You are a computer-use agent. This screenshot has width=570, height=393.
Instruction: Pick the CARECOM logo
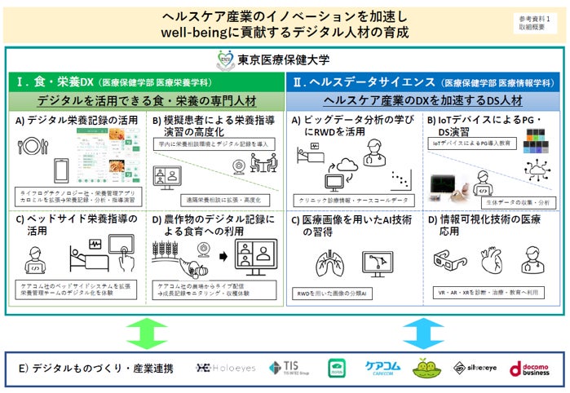tap(382, 369)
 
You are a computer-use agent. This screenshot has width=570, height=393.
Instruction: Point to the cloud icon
tap(348, 167)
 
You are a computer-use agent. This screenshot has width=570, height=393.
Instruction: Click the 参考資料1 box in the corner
tap(534, 22)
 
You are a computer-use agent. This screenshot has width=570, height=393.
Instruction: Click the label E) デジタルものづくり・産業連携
tap(96, 369)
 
